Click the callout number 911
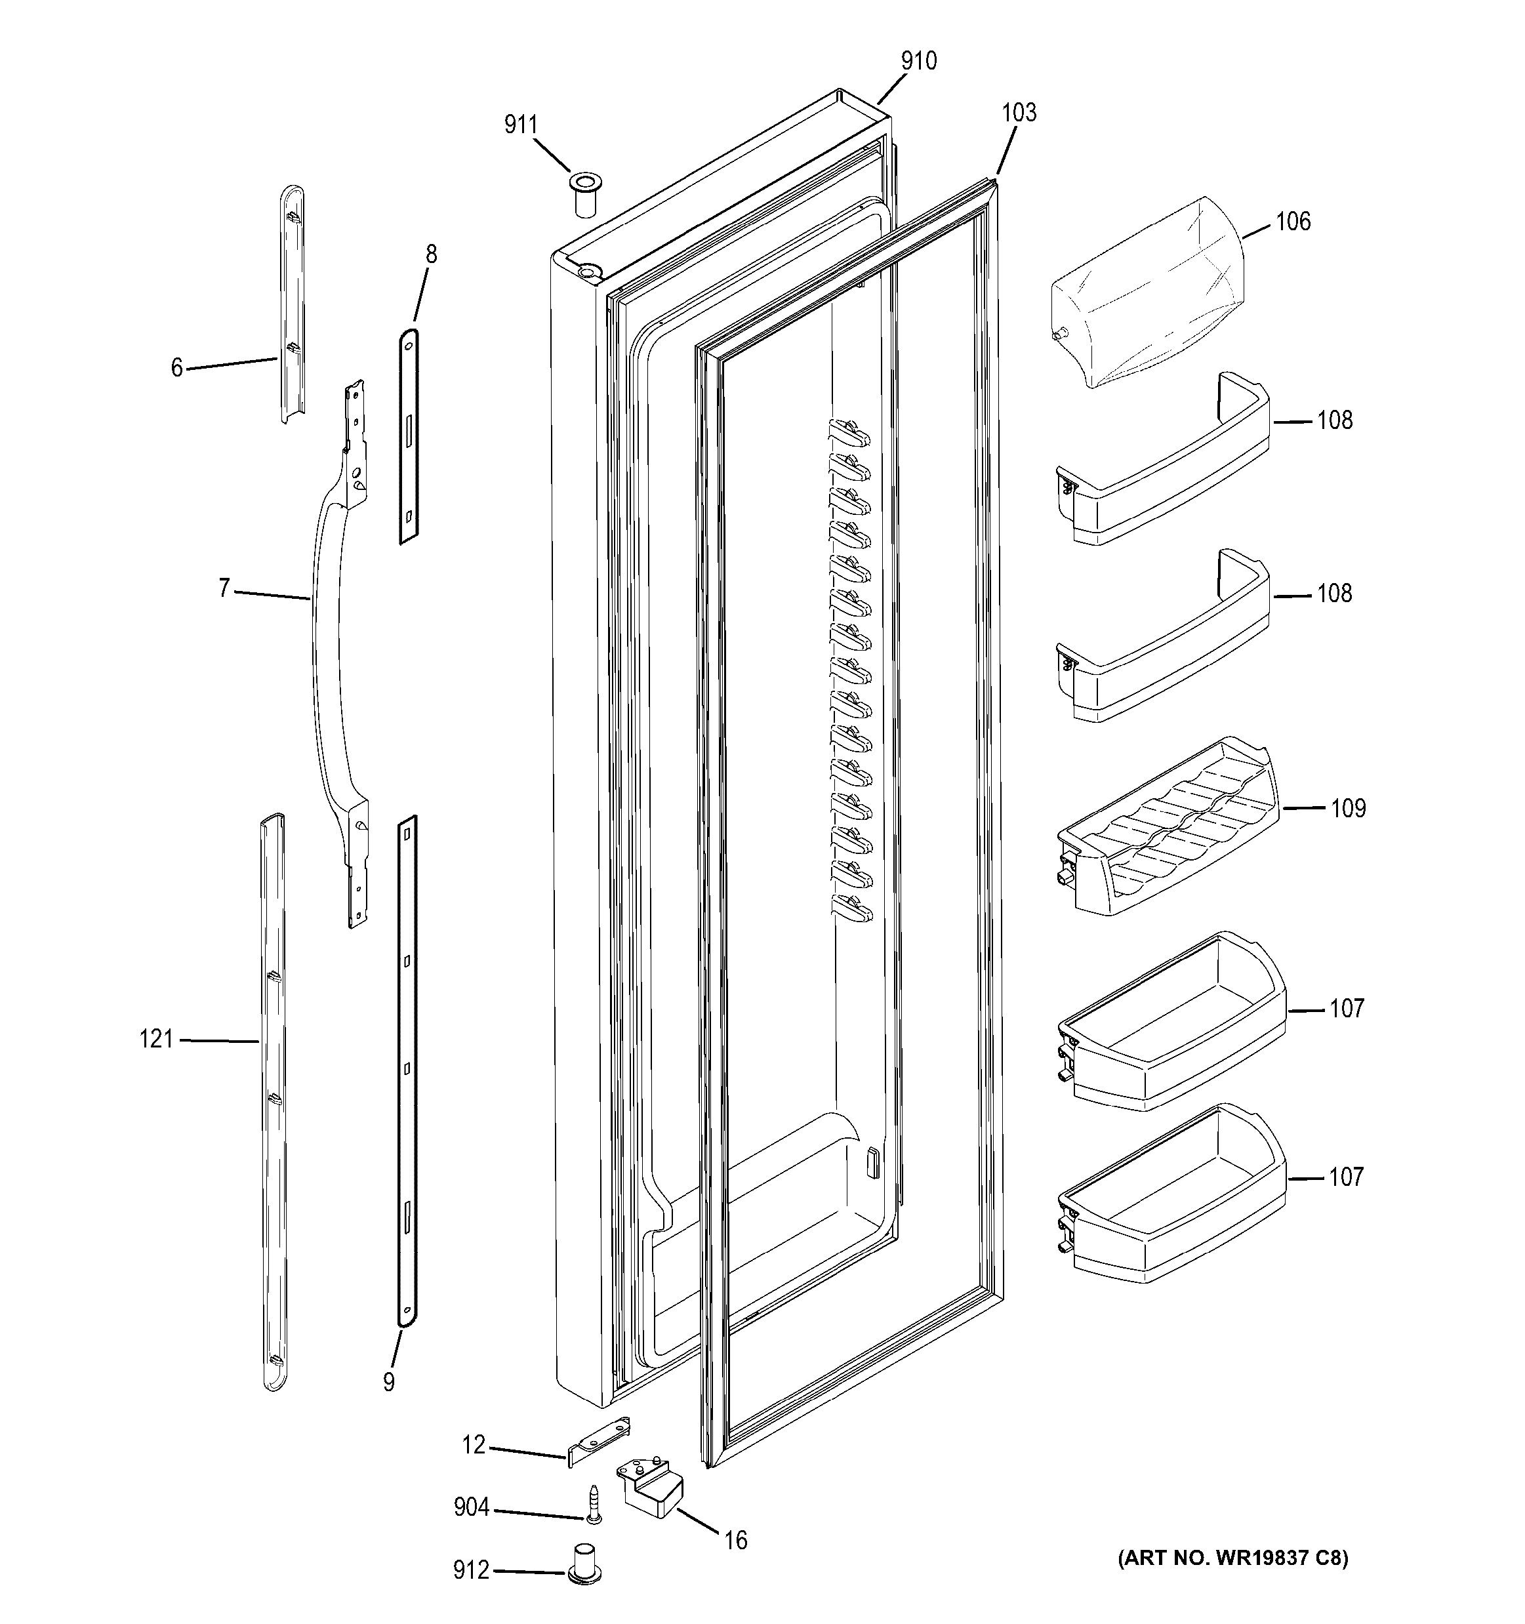tap(520, 125)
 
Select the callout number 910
tap(919, 61)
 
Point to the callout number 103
tap(1019, 113)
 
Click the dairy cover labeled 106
tap(1143, 294)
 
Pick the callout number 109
tap(1348, 808)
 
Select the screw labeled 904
tap(592, 1504)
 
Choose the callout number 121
tap(156, 1039)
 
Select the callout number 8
tap(432, 255)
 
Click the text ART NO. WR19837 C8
tap(1232, 1558)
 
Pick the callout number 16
tap(735, 1541)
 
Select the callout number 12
tap(474, 1445)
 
